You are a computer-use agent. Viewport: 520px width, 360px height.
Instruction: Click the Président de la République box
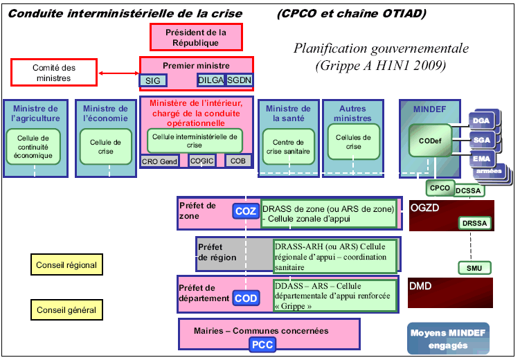click(196, 37)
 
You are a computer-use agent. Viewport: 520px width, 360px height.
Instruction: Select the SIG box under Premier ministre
click(152, 80)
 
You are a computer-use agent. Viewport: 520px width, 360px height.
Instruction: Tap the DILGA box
click(210, 80)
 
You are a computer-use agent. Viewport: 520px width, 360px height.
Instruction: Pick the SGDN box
click(240, 80)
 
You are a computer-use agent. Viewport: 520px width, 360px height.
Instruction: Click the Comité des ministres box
click(53, 73)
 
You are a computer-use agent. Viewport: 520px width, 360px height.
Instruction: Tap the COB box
click(237, 161)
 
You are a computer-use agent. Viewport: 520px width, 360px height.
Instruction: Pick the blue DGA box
click(482, 120)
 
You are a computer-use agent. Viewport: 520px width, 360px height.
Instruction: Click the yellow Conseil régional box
click(66, 264)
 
